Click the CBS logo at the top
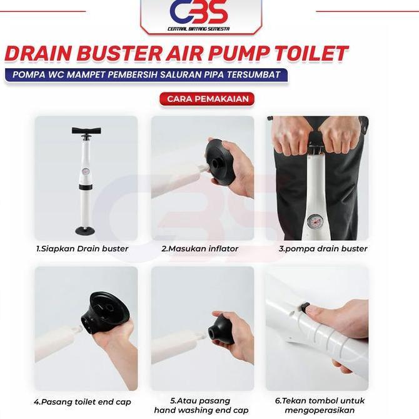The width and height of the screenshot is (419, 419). (x=198, y=13)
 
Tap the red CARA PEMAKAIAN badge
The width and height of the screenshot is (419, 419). (x=207, y=99)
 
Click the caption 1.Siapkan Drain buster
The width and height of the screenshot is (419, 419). (x=82, y=249)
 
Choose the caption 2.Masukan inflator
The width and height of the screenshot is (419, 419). (x=199, y=249)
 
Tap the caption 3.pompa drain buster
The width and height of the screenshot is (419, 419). (x=323, y=249)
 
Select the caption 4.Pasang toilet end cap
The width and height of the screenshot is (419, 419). (x=83, y=402)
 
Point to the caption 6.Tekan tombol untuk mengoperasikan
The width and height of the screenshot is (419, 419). (x=320, y=406)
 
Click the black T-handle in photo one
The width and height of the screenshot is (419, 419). (x=86, y=131)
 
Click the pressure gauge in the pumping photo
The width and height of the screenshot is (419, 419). (x=316, y=222)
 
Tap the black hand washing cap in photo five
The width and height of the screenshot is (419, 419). (x=221, y=330)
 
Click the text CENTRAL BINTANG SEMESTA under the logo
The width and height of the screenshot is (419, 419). (x=198, y=29)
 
